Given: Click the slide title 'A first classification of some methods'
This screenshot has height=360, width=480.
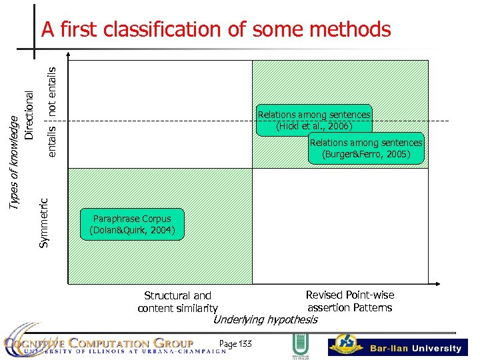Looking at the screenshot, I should tap(215, 29).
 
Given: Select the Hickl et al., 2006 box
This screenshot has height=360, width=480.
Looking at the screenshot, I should tap(313, 120).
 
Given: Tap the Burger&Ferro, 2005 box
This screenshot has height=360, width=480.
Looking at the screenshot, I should tap(366, 149).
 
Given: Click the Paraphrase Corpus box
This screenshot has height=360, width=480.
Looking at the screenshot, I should tap(131, 225).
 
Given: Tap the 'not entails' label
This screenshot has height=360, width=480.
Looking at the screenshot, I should tap(53, 87).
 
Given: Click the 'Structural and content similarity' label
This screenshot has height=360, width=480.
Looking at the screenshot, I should tap(177, 301).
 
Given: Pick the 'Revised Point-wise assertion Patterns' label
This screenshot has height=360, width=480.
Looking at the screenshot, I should tap(349, 301).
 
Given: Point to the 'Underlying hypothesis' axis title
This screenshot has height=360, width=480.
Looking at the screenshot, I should tap(265, 319).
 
